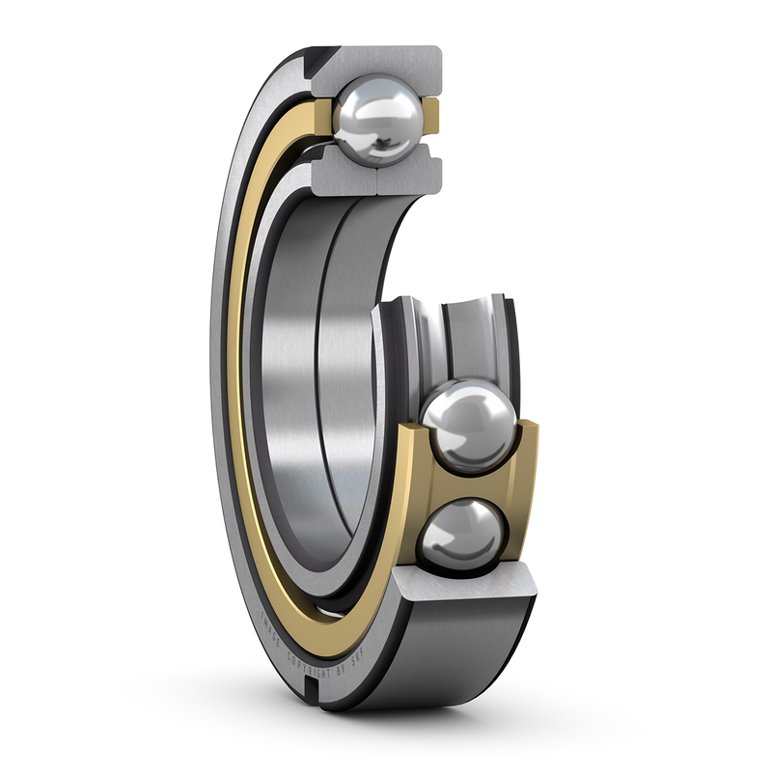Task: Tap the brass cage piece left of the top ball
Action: pyautogui.click(x=323, y=115)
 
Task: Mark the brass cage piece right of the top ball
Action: pyautogui.click(x=433, y=115)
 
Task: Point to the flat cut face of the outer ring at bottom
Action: pyautogui.click(x=463, y=584)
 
